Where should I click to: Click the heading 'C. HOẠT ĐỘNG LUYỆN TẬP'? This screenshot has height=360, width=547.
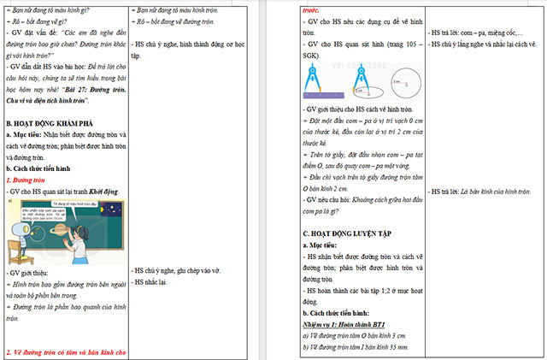click(x=349, y=233)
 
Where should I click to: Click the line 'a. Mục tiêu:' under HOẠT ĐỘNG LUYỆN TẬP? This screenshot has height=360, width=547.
click(x=323, y=245)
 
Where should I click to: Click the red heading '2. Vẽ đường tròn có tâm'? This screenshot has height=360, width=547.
click(x=65, y=351)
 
